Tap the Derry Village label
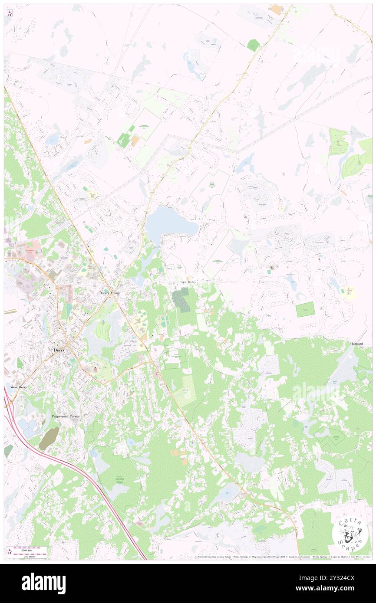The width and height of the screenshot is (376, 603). point(110,293)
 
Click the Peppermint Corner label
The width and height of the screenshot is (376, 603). point(66,416)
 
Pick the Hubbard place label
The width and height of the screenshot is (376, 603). point(356,344)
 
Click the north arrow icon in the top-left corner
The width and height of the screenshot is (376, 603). point(10,13)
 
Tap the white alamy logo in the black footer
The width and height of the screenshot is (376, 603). point(43,583)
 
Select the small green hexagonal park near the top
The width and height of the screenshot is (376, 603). point(253,45)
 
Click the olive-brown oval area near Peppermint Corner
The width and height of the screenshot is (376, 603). point(49,438)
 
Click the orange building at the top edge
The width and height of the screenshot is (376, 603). point(277,10)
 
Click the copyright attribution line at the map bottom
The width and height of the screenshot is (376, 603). point(282,557)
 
